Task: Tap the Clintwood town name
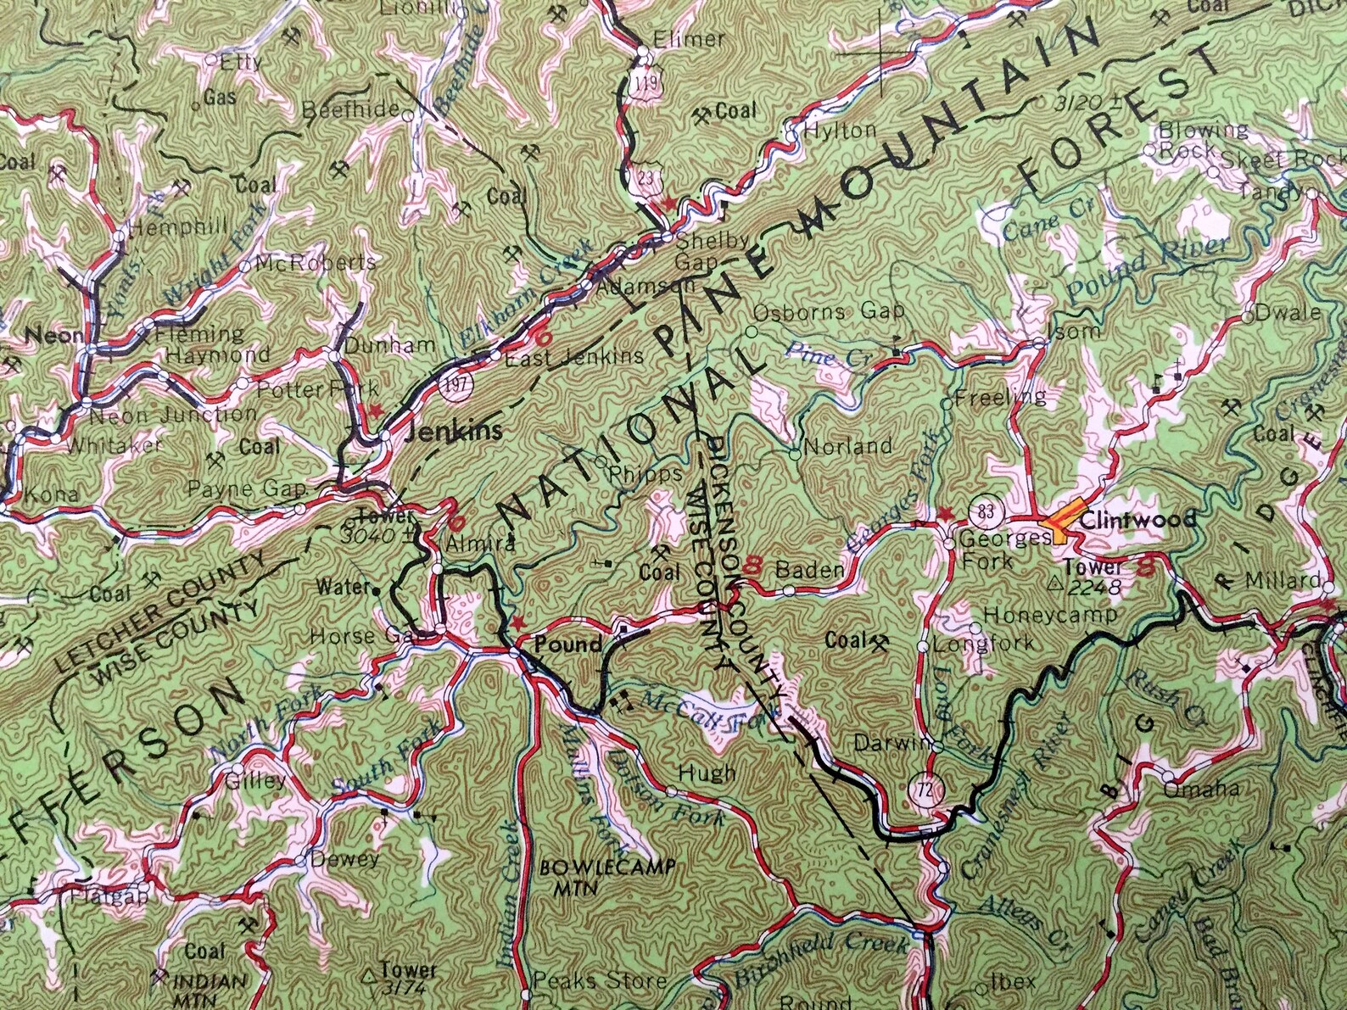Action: point(1137,518)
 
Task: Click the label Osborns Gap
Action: point(829,311)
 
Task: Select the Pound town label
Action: point(567,644)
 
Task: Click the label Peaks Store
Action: point(599,980)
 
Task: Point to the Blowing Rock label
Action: point(1203,140)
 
